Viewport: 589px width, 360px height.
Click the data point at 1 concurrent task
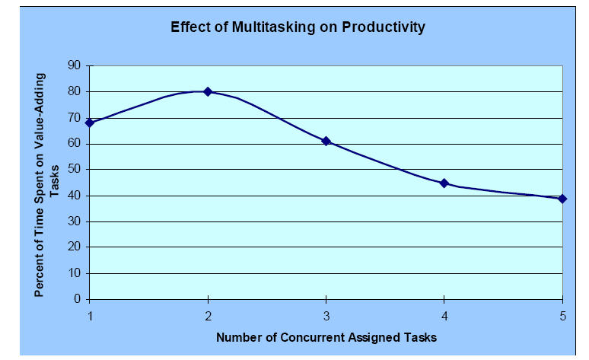point(90,123)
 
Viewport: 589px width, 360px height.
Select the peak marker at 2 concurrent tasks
point(208,91)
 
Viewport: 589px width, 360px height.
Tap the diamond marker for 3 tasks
point(326,141)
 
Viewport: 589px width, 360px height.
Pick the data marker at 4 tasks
point(444,183)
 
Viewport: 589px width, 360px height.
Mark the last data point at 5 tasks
point(562,199)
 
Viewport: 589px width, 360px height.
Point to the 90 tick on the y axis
point(75,65)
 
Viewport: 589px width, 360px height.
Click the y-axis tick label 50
point(75,169)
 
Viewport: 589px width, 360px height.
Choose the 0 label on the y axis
point(78,299)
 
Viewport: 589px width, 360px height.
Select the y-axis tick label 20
point(75,247)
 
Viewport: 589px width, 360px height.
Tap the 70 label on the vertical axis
point(75,117)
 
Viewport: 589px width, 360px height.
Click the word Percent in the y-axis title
point(38,274)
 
